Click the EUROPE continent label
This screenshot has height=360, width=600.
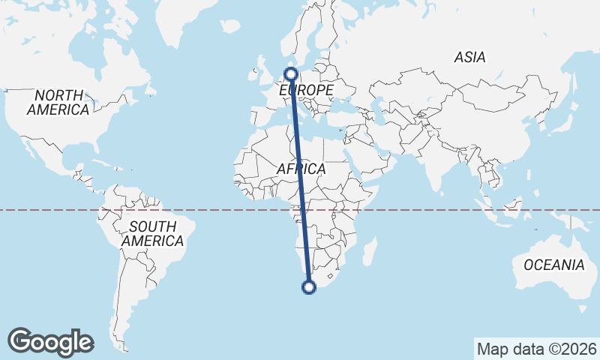[x=306, y=90]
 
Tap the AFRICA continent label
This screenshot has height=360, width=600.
[x=301, y=169]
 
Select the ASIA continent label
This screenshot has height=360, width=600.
[x=469, y=57]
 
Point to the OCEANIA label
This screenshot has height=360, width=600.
[x=553, y=265]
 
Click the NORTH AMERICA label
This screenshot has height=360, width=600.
[x=58, y=102]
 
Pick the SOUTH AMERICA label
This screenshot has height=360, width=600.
[x=152, y=233]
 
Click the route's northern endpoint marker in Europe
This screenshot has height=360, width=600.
[x=291, y=73]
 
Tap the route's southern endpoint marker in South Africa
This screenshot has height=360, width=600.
[x=308, y=286]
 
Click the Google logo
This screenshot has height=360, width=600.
[x=50, y=342]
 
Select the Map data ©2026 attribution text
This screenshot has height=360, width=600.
[x=536, y=349]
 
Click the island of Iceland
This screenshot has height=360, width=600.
[x=232, y=26]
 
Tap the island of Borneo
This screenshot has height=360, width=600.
[x=504, y=205]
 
